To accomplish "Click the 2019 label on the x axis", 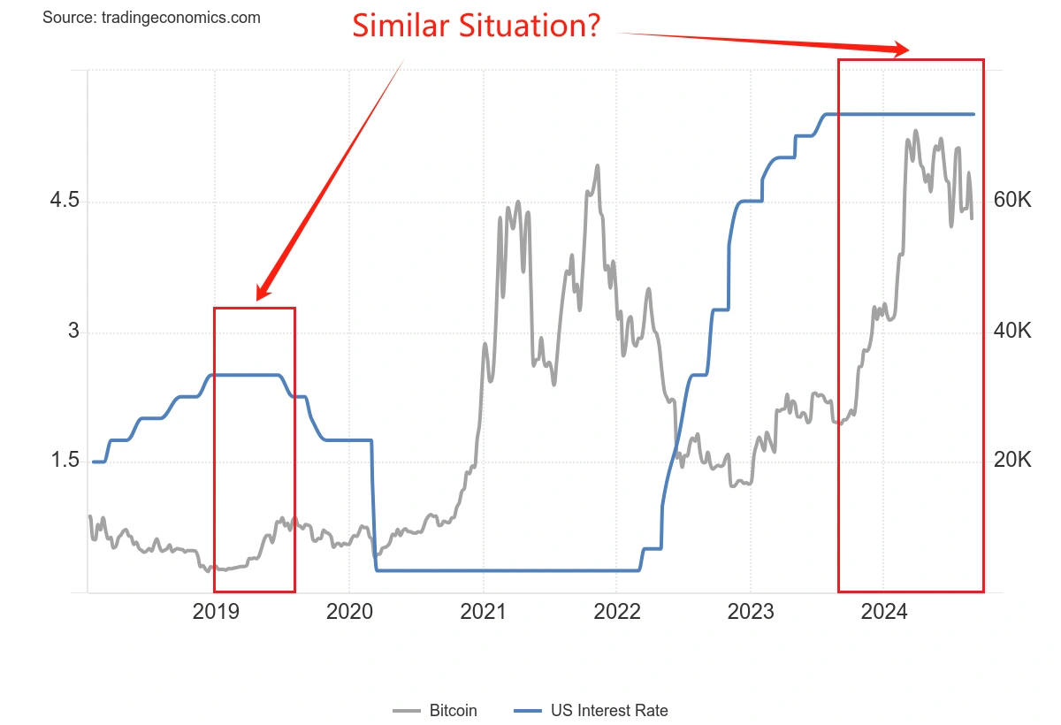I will point(216,612).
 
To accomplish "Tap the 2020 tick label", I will point(349,612).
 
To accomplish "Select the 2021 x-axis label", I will point(484,612).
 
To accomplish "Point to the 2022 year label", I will point(617,612).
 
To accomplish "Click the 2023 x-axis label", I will point(750,612).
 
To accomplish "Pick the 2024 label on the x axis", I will point(883,612).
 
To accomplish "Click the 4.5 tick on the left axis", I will point(65,201).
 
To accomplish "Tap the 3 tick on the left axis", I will point(73,332).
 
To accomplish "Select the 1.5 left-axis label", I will point(65,461).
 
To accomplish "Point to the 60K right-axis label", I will point(1012,201).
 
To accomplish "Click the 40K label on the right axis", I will point(1012,332).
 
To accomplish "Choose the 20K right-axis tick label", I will point(1012,461).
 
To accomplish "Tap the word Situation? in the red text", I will point(528,25).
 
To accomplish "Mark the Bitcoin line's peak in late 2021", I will point(598,165).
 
